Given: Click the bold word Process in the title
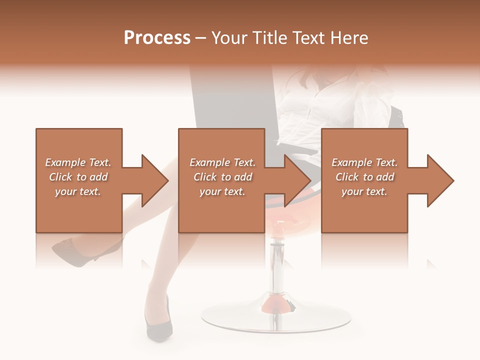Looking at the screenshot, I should tap(157, 38).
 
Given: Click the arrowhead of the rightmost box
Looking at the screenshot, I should tap(439, 180).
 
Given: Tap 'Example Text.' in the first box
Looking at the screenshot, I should tap(78, 162).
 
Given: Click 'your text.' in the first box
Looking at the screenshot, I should tap(78, 191).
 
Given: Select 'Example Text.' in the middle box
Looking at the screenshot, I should tap(222, 162).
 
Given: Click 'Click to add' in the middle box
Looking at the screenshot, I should tap(222, 177).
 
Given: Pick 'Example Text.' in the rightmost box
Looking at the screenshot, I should tap(364, 162).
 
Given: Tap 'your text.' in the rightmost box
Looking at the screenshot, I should tap(364, 191).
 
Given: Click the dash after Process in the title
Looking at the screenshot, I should tap(201, 38).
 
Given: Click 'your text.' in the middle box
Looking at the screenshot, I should tap(222, 191).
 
